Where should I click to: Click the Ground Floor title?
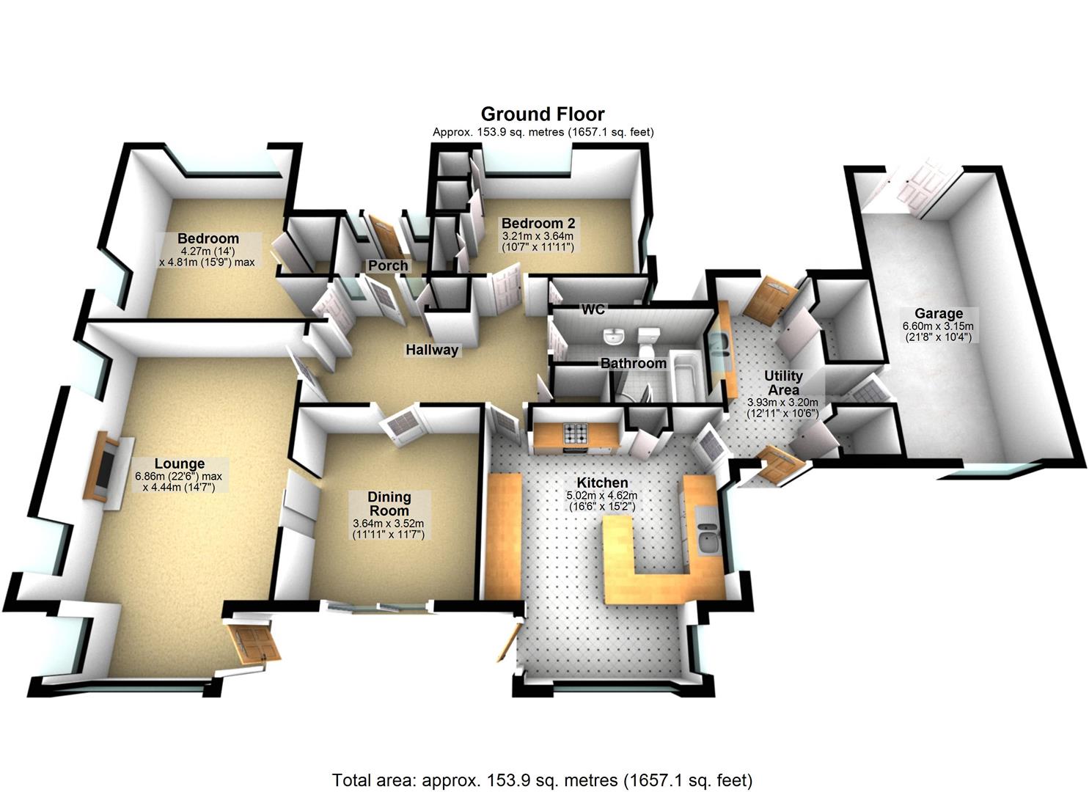tap(543, 114)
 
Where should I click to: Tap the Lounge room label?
tap(180, 463)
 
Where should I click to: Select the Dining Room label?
tap(389, 504)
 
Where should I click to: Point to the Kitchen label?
tap(602, 483)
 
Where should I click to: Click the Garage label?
tap(939, 313)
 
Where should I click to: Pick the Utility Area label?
tap(783, 383)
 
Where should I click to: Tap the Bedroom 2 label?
tap(538, 223)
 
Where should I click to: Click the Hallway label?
tap(432, 350)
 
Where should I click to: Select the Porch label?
tap(388, 265)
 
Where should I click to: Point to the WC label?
tap(593, 309)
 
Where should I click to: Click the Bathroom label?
tap(634, 363)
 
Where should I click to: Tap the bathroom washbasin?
tap(613, 337)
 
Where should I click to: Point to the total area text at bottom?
tap(543, 780)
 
